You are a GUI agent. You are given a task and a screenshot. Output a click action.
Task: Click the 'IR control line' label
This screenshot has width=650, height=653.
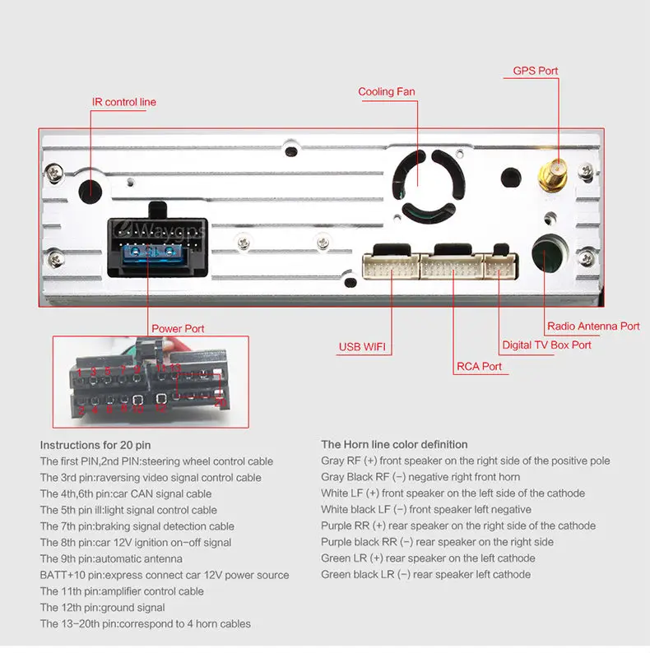pyautogui.click(x=124, y=102)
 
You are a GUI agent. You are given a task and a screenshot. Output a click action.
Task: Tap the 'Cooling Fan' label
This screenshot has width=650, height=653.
pyautogui.click(x=387, y=92)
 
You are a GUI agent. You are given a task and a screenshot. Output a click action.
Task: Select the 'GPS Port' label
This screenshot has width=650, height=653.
pyautogui.click(x=536, y=71)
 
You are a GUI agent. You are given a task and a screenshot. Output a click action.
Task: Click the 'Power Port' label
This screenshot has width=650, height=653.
pyautogui.click(x=178, y=328)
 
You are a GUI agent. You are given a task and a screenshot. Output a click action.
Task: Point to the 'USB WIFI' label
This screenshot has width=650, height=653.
pyautogui.click(x=362, y=346)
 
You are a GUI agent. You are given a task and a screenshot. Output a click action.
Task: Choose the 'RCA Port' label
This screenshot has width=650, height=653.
pyautogui.click(x=479, y=366)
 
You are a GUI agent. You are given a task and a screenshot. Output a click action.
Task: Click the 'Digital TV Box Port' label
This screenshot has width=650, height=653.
pyautogui.click(x=547, y=345)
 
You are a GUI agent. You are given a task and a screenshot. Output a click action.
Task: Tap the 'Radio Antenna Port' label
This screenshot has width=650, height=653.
pyautogui.click(x=593, y=326)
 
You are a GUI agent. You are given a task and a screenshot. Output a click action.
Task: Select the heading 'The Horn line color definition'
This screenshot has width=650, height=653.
pyautogui.click(x=394, y=445)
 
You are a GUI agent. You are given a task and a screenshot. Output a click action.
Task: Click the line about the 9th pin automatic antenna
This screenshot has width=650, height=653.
pyautogui.click(x=111, y=558)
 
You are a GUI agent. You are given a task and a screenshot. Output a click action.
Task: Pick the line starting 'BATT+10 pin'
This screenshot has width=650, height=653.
pyautogui.click(x=165, y=575)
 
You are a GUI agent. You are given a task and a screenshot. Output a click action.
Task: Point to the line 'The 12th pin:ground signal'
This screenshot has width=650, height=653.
pyautogui.click(x=102, y=608)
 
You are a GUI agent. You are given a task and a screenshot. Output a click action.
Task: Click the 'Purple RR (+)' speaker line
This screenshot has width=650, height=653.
pyautogui.click(x=458, y=526)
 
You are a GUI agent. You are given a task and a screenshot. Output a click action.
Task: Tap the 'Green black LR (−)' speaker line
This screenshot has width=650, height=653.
pyautogui.click(x=425, y=574)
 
